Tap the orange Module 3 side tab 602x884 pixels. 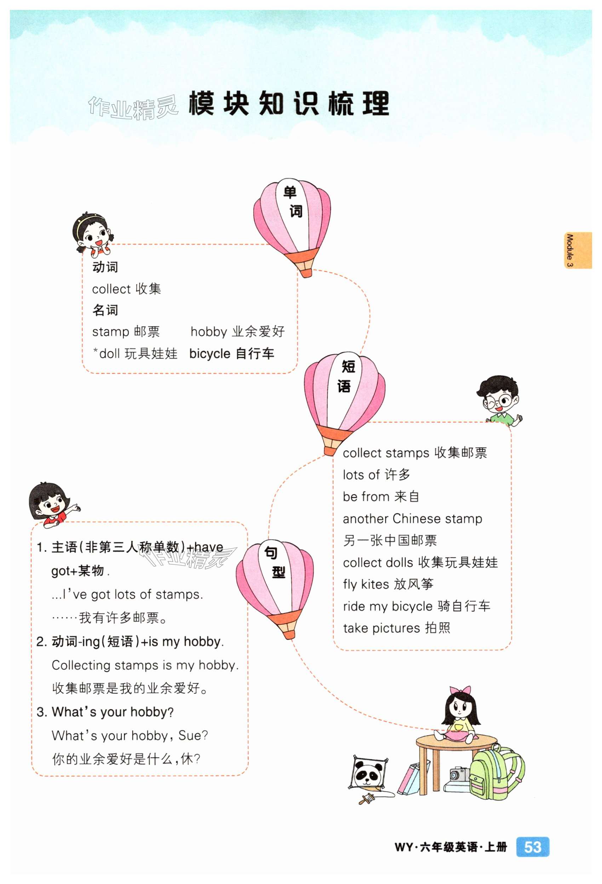577,250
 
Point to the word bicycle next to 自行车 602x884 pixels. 210,354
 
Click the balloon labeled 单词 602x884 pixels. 292,221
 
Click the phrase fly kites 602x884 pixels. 366,584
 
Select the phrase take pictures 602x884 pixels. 381,628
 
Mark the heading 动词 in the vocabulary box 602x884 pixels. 105,267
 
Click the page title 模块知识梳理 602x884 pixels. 289,103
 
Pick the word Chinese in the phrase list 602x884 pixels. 416,518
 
